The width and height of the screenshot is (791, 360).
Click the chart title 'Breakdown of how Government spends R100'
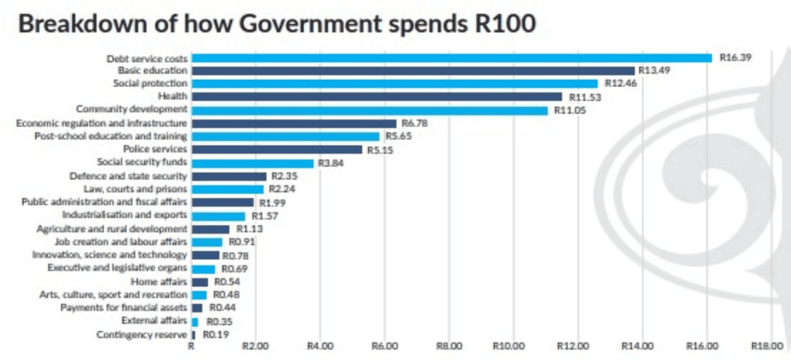coord(278,24)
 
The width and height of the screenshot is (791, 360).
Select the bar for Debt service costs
coord(452,58)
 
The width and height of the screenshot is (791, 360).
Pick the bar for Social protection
coord(395,84)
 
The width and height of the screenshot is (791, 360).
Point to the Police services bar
coord(278,150)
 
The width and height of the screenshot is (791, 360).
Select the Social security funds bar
coord(253,163)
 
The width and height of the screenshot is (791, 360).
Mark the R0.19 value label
coord(216,335)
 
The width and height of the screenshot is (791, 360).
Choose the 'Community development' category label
coord(132,109)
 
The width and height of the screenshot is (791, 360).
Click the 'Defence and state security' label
coord(129,176)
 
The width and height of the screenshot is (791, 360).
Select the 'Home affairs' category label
coord(159,282)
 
